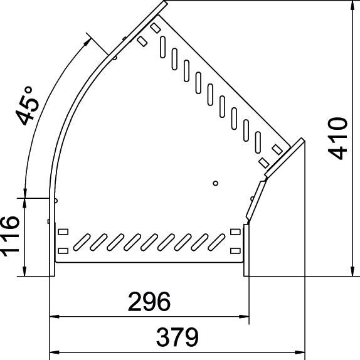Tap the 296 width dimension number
pyautogui.click(x=149, y=302)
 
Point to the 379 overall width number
pyautogui.click(x=177, y=337)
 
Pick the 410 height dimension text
pyautogui.click(x=338, y=138)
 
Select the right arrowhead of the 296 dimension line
pyautogui.click(x=241, y=315)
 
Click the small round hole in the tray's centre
pyautogui.click(x=215, y=183)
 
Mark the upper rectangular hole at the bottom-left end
pyautogui.click(x=63, y=232)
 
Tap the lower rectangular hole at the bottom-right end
pyautogui.click(x=235, y=251)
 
